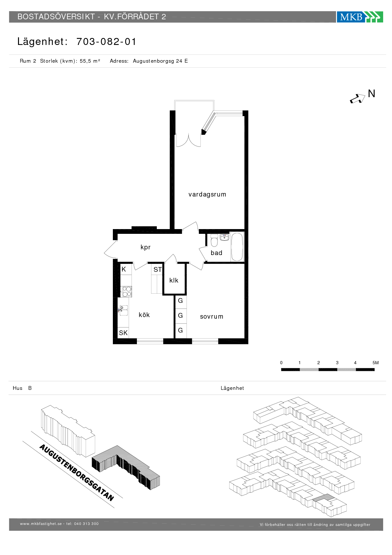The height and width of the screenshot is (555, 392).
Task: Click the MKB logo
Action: (x=360, y=17)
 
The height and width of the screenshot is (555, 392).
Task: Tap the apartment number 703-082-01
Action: (x=106, y=41)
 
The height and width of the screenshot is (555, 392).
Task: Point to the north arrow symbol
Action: (x=357, y=99)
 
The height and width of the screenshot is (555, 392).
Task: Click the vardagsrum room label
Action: (x=207, y=194)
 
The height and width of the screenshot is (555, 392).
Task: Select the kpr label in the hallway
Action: (x=145, y=247)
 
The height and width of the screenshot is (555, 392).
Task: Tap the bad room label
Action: (x=217, y=253)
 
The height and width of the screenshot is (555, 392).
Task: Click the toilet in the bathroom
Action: (x=214, y=240)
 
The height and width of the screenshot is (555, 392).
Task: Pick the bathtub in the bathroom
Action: (x=237, y=246)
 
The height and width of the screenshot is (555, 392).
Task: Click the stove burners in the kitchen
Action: (x=127, y=291)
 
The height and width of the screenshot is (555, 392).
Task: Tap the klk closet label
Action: (x=174, y=280)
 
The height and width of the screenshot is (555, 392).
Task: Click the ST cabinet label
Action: (x=157, y=270)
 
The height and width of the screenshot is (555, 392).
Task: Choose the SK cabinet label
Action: (x=123, y=333)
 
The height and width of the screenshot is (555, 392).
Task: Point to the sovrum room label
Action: (x=211, y=316)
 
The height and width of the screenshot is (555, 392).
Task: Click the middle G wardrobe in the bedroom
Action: (x=181, y=315)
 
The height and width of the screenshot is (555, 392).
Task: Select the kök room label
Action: (x=144, y=315)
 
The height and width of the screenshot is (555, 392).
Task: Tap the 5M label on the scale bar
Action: (x=376, y=363)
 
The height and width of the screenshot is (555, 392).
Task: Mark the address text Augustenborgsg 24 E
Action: (x=160, y=61)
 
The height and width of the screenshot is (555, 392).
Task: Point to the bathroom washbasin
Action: (x=224, y=237)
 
